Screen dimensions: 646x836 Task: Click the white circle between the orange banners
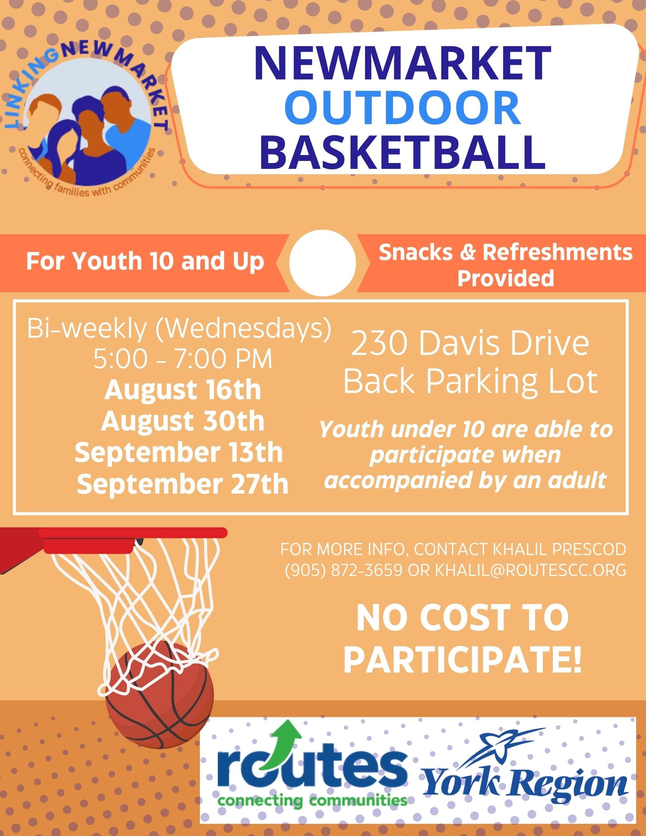(322, 263)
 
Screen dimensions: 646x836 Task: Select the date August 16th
(183, 390)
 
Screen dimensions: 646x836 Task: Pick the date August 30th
(183, 421)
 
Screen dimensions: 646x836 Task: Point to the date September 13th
(179, 452)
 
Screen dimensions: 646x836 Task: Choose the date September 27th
(183, 484)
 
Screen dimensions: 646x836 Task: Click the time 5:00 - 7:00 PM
(183, 359)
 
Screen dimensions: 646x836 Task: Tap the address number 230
(380, 344)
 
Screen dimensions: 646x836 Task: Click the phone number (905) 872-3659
(344, 570)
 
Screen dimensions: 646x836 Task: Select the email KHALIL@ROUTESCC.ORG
(531, 570)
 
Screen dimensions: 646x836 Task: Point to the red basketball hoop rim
(133, 533)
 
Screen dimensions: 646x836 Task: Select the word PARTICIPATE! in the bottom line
(463, 660)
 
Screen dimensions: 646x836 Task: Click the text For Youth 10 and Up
(145, 261)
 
